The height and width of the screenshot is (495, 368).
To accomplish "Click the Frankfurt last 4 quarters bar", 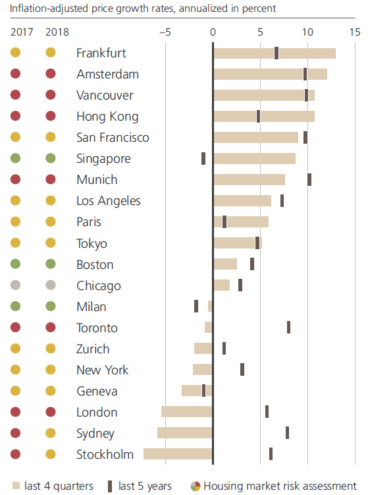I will point(274,53).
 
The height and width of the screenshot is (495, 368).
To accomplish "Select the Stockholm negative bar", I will point(178,454).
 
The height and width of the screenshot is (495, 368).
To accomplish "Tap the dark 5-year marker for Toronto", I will point(288,328).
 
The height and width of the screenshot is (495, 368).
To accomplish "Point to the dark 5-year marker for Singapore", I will point(203,159).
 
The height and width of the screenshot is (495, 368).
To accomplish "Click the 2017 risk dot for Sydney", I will point(16,434).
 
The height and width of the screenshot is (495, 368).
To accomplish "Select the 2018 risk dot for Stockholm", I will point(50,454).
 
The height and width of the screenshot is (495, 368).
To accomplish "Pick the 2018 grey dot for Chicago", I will point(50,286).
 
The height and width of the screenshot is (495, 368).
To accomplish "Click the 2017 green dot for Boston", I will point(16,265).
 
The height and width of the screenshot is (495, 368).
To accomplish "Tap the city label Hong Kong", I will point(107,117).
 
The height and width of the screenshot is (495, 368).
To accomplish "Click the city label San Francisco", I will point(113,138).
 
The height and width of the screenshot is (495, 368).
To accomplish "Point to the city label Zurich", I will point(93,349).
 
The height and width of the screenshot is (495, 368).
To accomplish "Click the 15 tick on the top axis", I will point(355,32).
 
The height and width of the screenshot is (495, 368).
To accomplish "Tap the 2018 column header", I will point(57,32).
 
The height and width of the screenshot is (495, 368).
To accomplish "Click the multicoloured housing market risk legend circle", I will point(196,486).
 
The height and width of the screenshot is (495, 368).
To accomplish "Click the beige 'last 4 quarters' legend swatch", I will point(16,486).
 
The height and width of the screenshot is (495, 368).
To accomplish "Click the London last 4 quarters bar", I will point(187,412).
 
